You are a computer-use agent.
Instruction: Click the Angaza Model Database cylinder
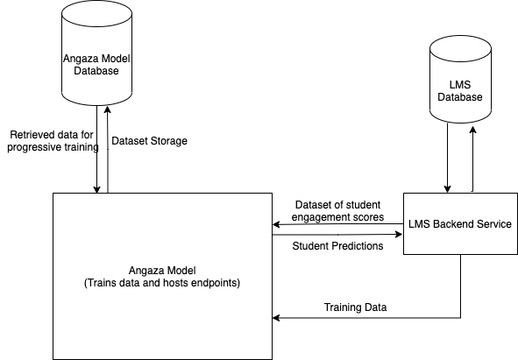tap(96, 53)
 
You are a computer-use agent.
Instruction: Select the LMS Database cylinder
tap(460, 79)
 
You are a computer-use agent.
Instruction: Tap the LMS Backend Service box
tap(460, 223)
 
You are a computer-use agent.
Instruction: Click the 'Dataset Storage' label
tap(149, 141)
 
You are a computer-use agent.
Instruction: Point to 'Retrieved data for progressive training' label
tap(53, 141)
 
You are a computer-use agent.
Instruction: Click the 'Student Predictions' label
tap(337, 246)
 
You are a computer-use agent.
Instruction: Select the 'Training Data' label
tap(355, 307)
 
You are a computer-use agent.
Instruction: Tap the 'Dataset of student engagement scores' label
tap(337, 211)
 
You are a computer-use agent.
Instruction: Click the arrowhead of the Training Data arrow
tap(276, 318)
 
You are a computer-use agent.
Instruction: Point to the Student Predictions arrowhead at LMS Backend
tap(399, 234)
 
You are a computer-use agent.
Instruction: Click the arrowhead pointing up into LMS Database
tap(472, 131)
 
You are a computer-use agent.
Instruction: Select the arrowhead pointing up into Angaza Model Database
tap(107, 109)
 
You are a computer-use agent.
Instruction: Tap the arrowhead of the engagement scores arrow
tap(276, 224)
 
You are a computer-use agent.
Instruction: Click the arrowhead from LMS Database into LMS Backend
tap(447, 189)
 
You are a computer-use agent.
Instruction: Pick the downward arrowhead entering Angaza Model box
tap(96, 189)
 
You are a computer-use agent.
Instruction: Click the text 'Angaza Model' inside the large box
tap(162, 271)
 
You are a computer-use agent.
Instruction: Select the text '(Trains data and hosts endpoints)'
tap(162, 283)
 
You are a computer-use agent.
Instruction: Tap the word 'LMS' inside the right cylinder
tap(460, 85)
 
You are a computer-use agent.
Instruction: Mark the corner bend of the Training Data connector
tap(460, 318)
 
